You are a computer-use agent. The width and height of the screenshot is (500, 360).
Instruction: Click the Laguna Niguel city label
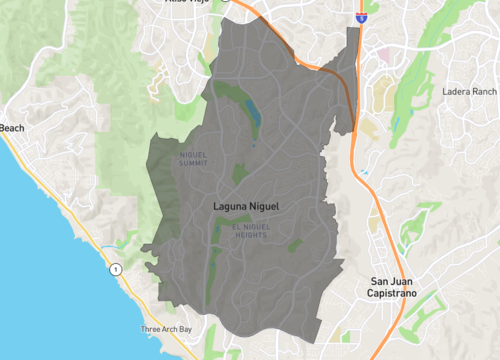tap(247, 206)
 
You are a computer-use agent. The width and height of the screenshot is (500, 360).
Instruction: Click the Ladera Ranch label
tap(469, 92)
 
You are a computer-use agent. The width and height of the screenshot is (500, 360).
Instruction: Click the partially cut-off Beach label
tap(11, 128)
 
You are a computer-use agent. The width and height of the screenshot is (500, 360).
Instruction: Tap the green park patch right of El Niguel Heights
tap(295, 244)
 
